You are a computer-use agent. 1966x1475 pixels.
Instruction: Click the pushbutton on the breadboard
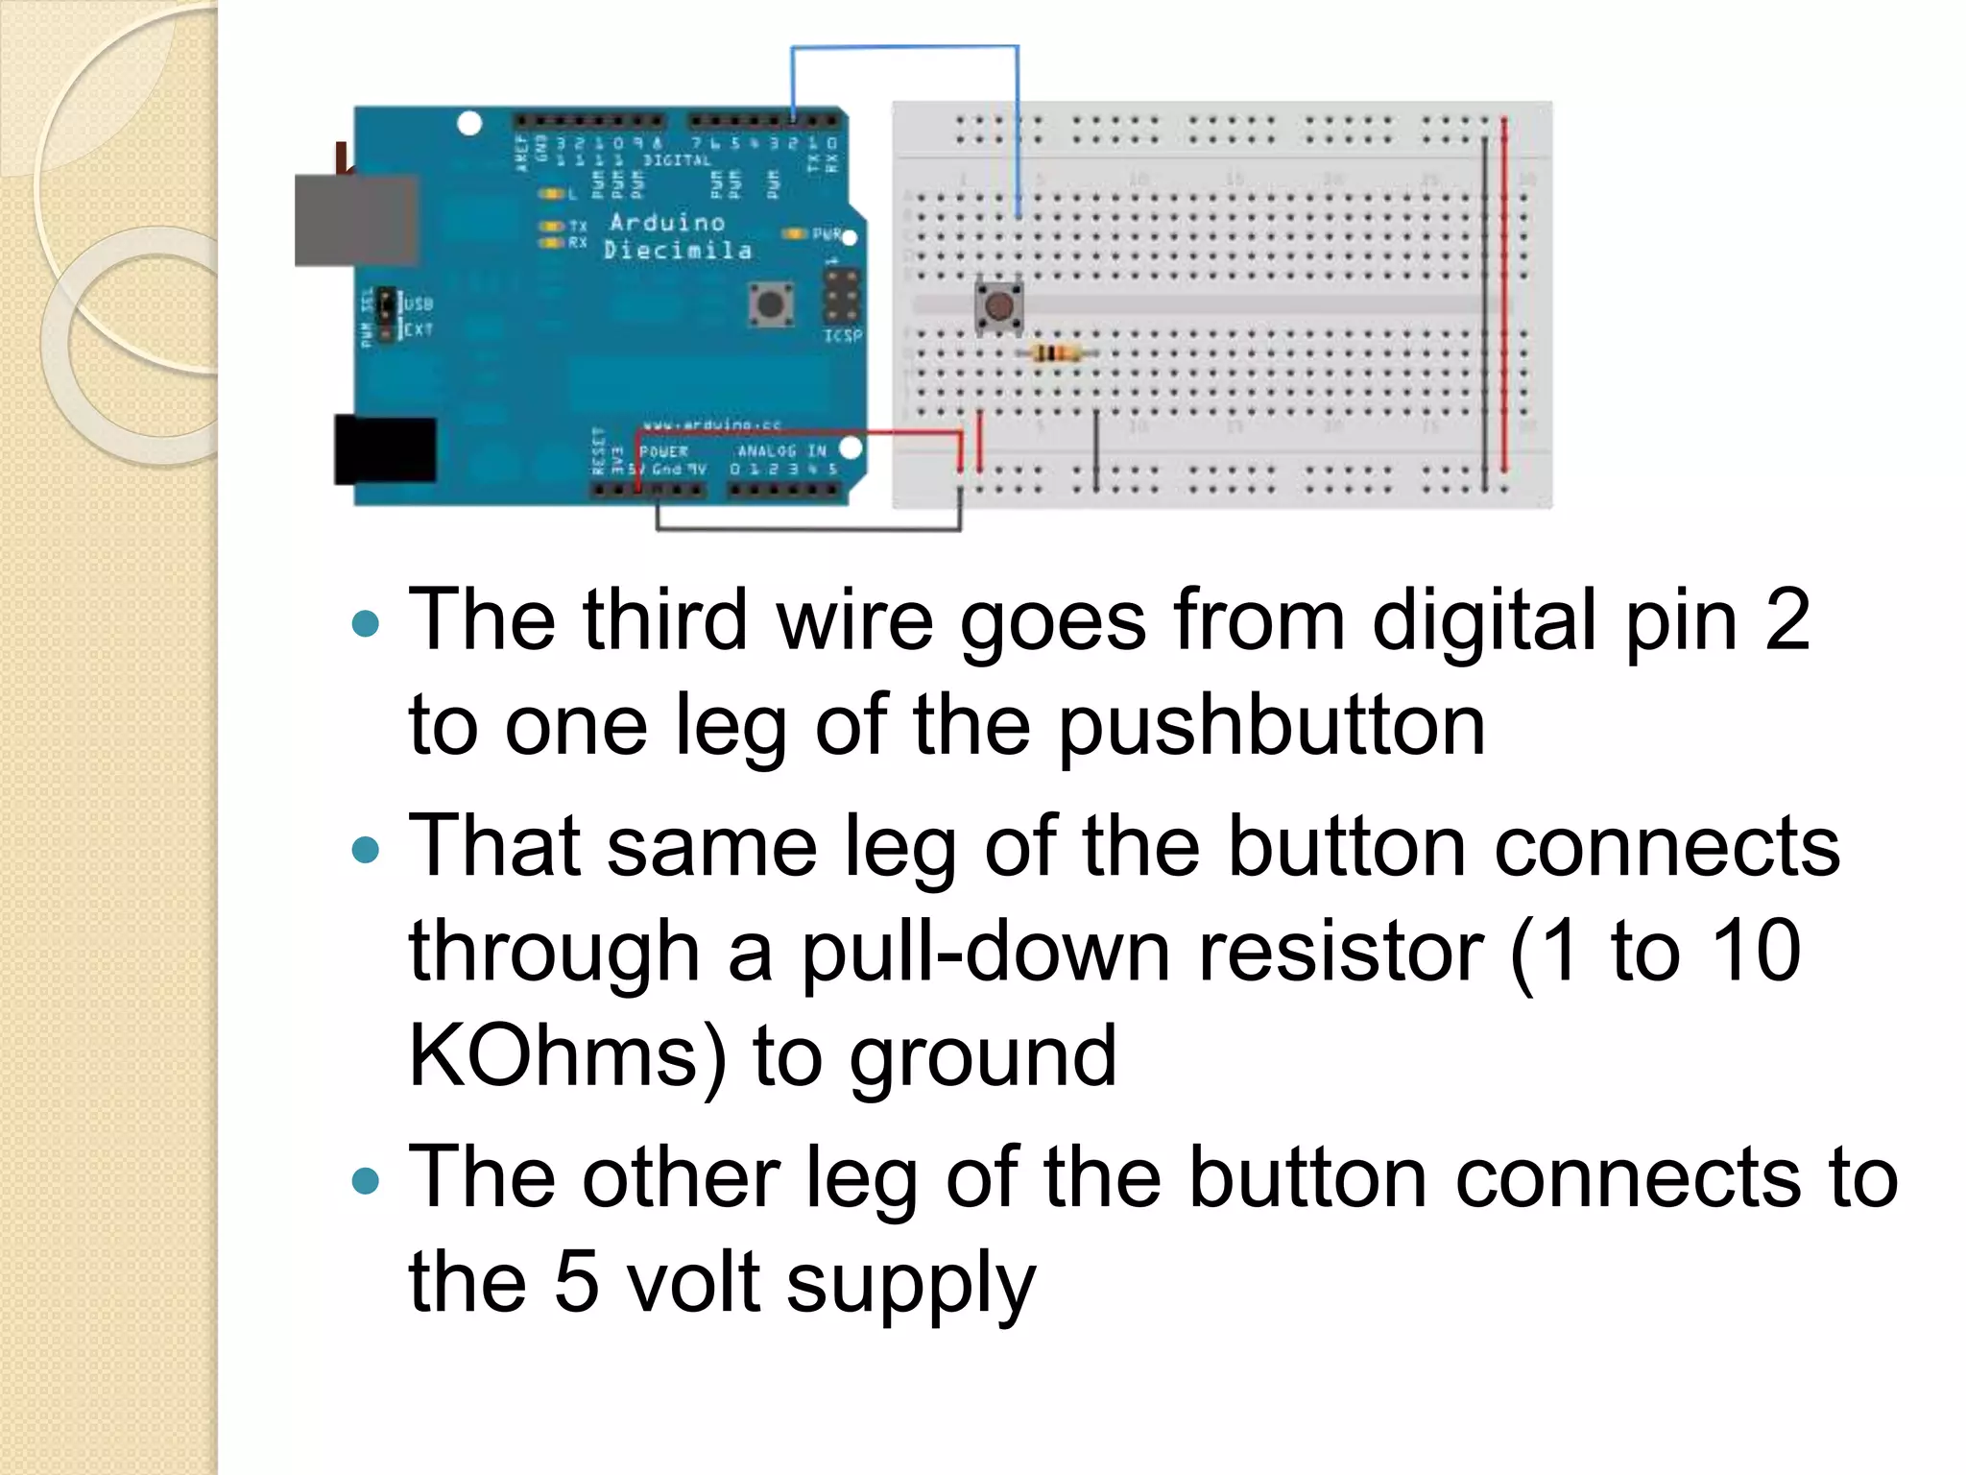pos(998,306)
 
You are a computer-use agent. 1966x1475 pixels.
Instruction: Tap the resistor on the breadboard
pos(1056,353)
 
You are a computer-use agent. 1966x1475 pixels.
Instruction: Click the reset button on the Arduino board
pos(770,305)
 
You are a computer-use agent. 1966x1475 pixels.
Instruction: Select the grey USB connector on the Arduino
pos(356,220)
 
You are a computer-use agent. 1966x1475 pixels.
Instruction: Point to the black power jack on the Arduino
pos(385,449)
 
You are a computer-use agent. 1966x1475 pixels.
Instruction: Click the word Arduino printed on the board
pos(667,223)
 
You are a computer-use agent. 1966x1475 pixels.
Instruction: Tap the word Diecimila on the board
pos(677,251)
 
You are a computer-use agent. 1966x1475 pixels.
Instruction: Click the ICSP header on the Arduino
pos(842,297)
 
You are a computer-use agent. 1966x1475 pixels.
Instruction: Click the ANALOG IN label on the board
pos(781,450)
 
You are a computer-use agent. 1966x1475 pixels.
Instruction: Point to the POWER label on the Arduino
pos(663,451)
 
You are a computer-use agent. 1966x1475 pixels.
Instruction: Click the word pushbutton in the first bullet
pos(1272,726)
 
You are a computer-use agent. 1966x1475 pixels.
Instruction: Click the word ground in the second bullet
pos(983,1057)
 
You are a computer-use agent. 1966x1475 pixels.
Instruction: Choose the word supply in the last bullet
pos(911,1283)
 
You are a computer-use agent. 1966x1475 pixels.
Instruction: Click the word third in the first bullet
pos(664,620)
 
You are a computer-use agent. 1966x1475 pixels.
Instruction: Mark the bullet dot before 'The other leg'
pos(366,1179)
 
